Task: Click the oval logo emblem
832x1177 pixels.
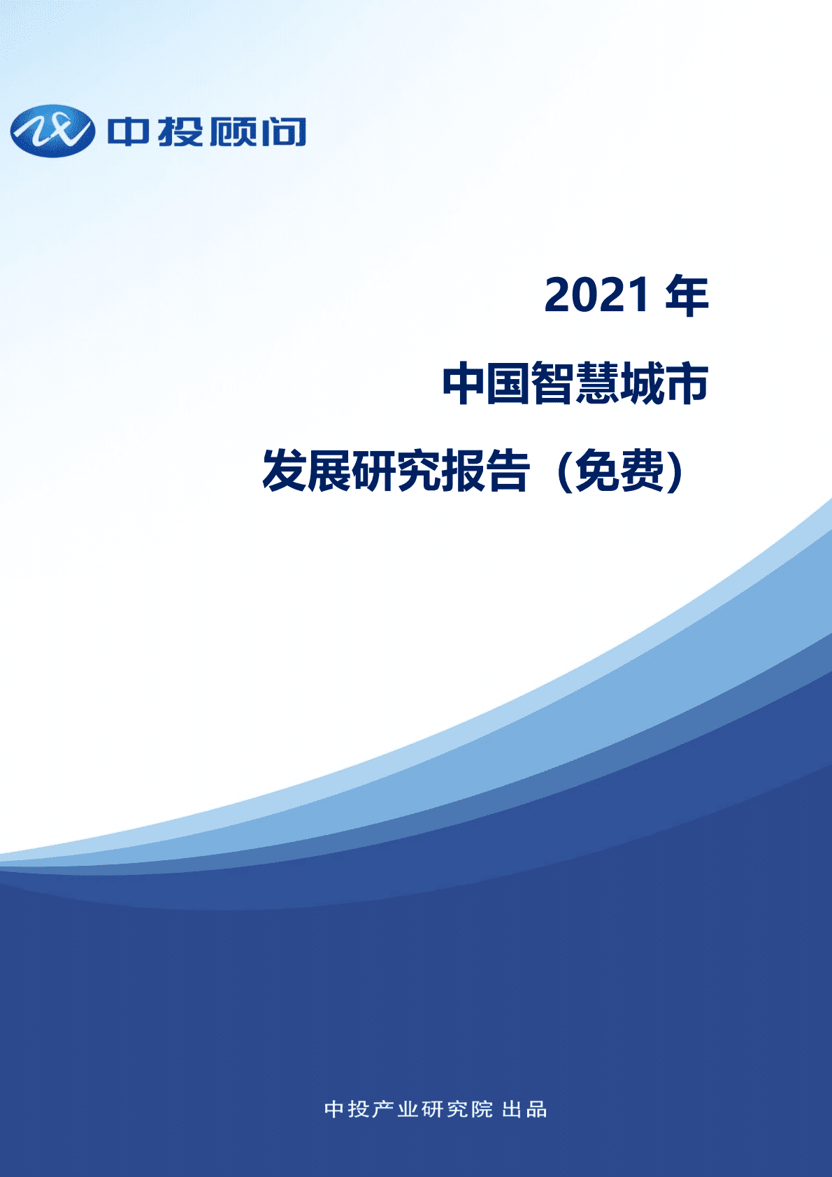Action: [x=52, y=131]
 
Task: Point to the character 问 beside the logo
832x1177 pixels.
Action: [x=283, y=132]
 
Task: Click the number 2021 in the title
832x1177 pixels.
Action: [x=597, y=296]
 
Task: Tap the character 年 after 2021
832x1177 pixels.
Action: [x=687, y=296]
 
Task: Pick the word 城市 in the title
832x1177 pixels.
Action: [x=664, y=383]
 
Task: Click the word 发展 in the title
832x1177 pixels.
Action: [x=306, y=471]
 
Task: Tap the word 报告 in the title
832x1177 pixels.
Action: [x=485, y=471]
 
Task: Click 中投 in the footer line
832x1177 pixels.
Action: [x=347, y=1109]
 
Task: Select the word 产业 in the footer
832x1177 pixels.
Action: [x=395, y=1109]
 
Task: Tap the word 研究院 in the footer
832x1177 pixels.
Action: [x=457, y=1109]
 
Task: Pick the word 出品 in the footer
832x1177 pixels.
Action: [x=524, y=1109]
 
